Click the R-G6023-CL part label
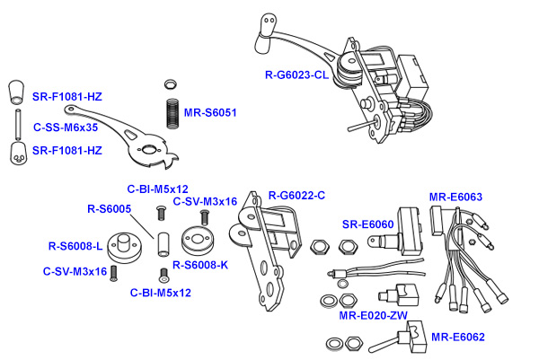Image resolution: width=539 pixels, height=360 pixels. point(296,76)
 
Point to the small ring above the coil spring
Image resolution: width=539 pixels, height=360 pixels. point(170,84)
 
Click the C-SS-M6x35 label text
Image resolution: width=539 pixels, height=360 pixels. point(66,127)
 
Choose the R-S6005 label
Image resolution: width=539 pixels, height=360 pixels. point(109,208)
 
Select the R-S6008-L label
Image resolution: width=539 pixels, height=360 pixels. point(76,244)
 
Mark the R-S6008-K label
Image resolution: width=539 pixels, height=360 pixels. point(201,265)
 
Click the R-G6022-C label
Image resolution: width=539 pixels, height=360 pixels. point(296,196)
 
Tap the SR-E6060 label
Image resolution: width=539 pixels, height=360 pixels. point(368,224)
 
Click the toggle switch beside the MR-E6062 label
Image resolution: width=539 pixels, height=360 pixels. point(402,339)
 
